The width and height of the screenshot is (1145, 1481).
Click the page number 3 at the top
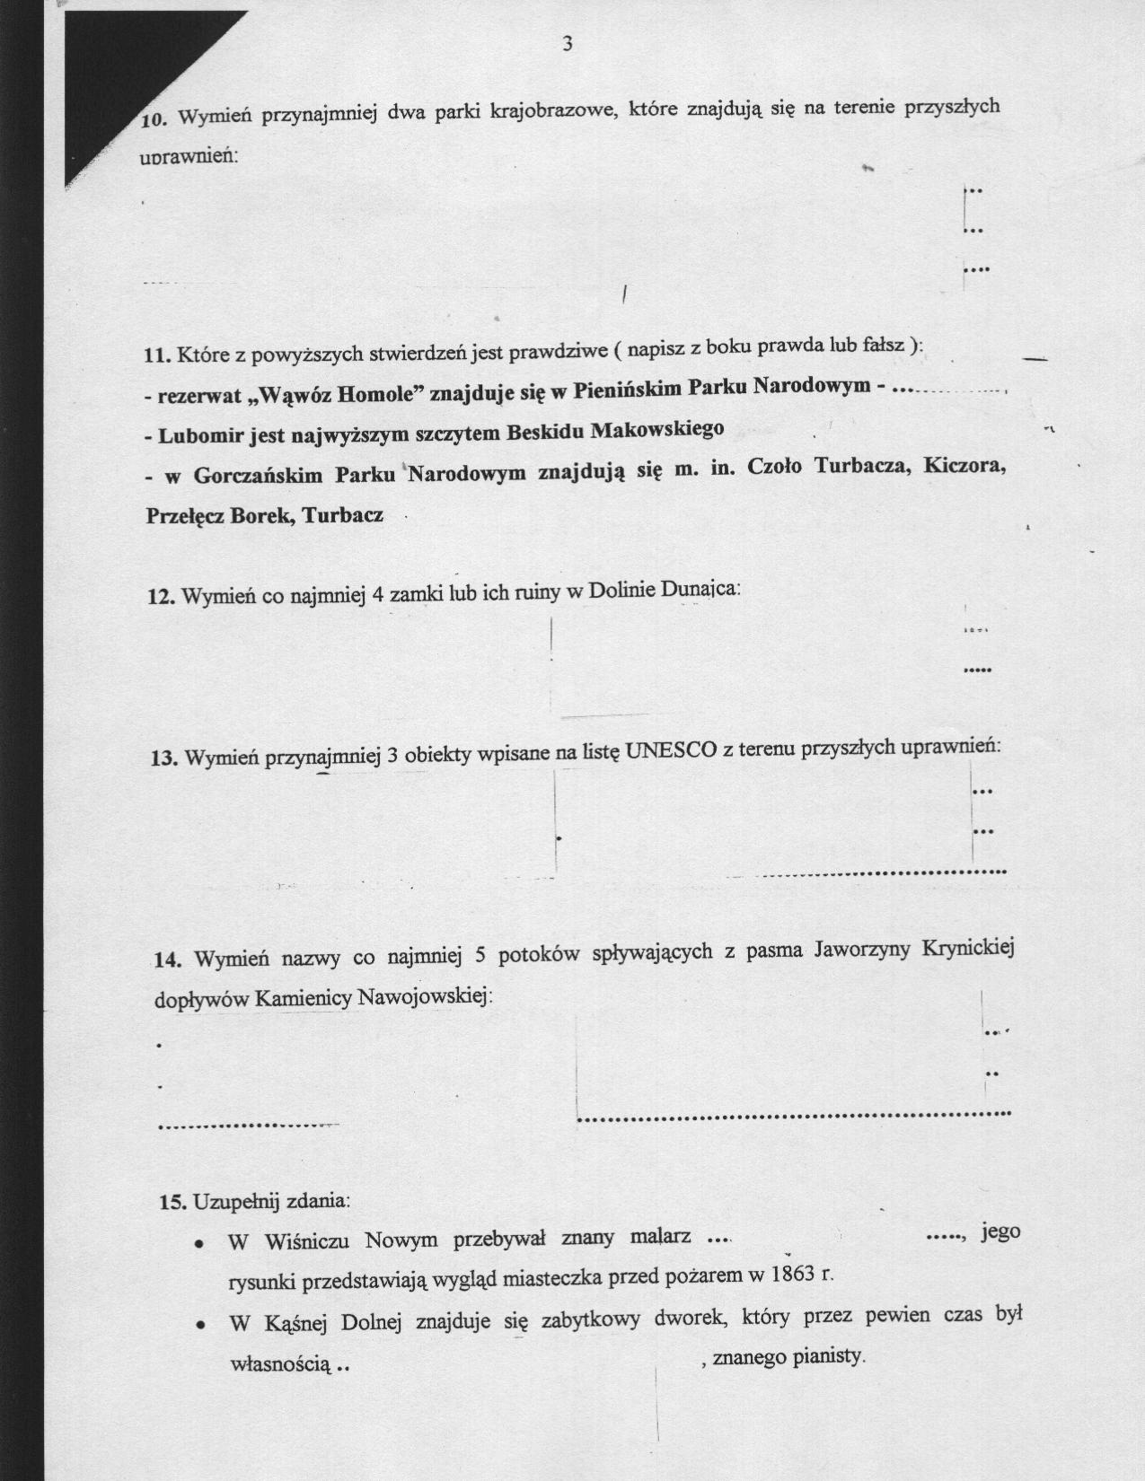coord(567,44)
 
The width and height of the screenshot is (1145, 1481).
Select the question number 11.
coord(157,355)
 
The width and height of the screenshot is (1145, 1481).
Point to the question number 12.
coord(161,596)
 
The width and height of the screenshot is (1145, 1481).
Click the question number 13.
coord(163,758)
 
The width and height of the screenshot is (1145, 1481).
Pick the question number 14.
coord(168,960)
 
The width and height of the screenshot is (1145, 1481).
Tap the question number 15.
coord(172,1202)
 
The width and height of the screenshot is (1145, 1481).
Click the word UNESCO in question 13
coord(670,751)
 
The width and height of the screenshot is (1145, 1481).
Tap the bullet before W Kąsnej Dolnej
coord(205,1325)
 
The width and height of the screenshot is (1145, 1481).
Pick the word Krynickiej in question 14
coord(968,949)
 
